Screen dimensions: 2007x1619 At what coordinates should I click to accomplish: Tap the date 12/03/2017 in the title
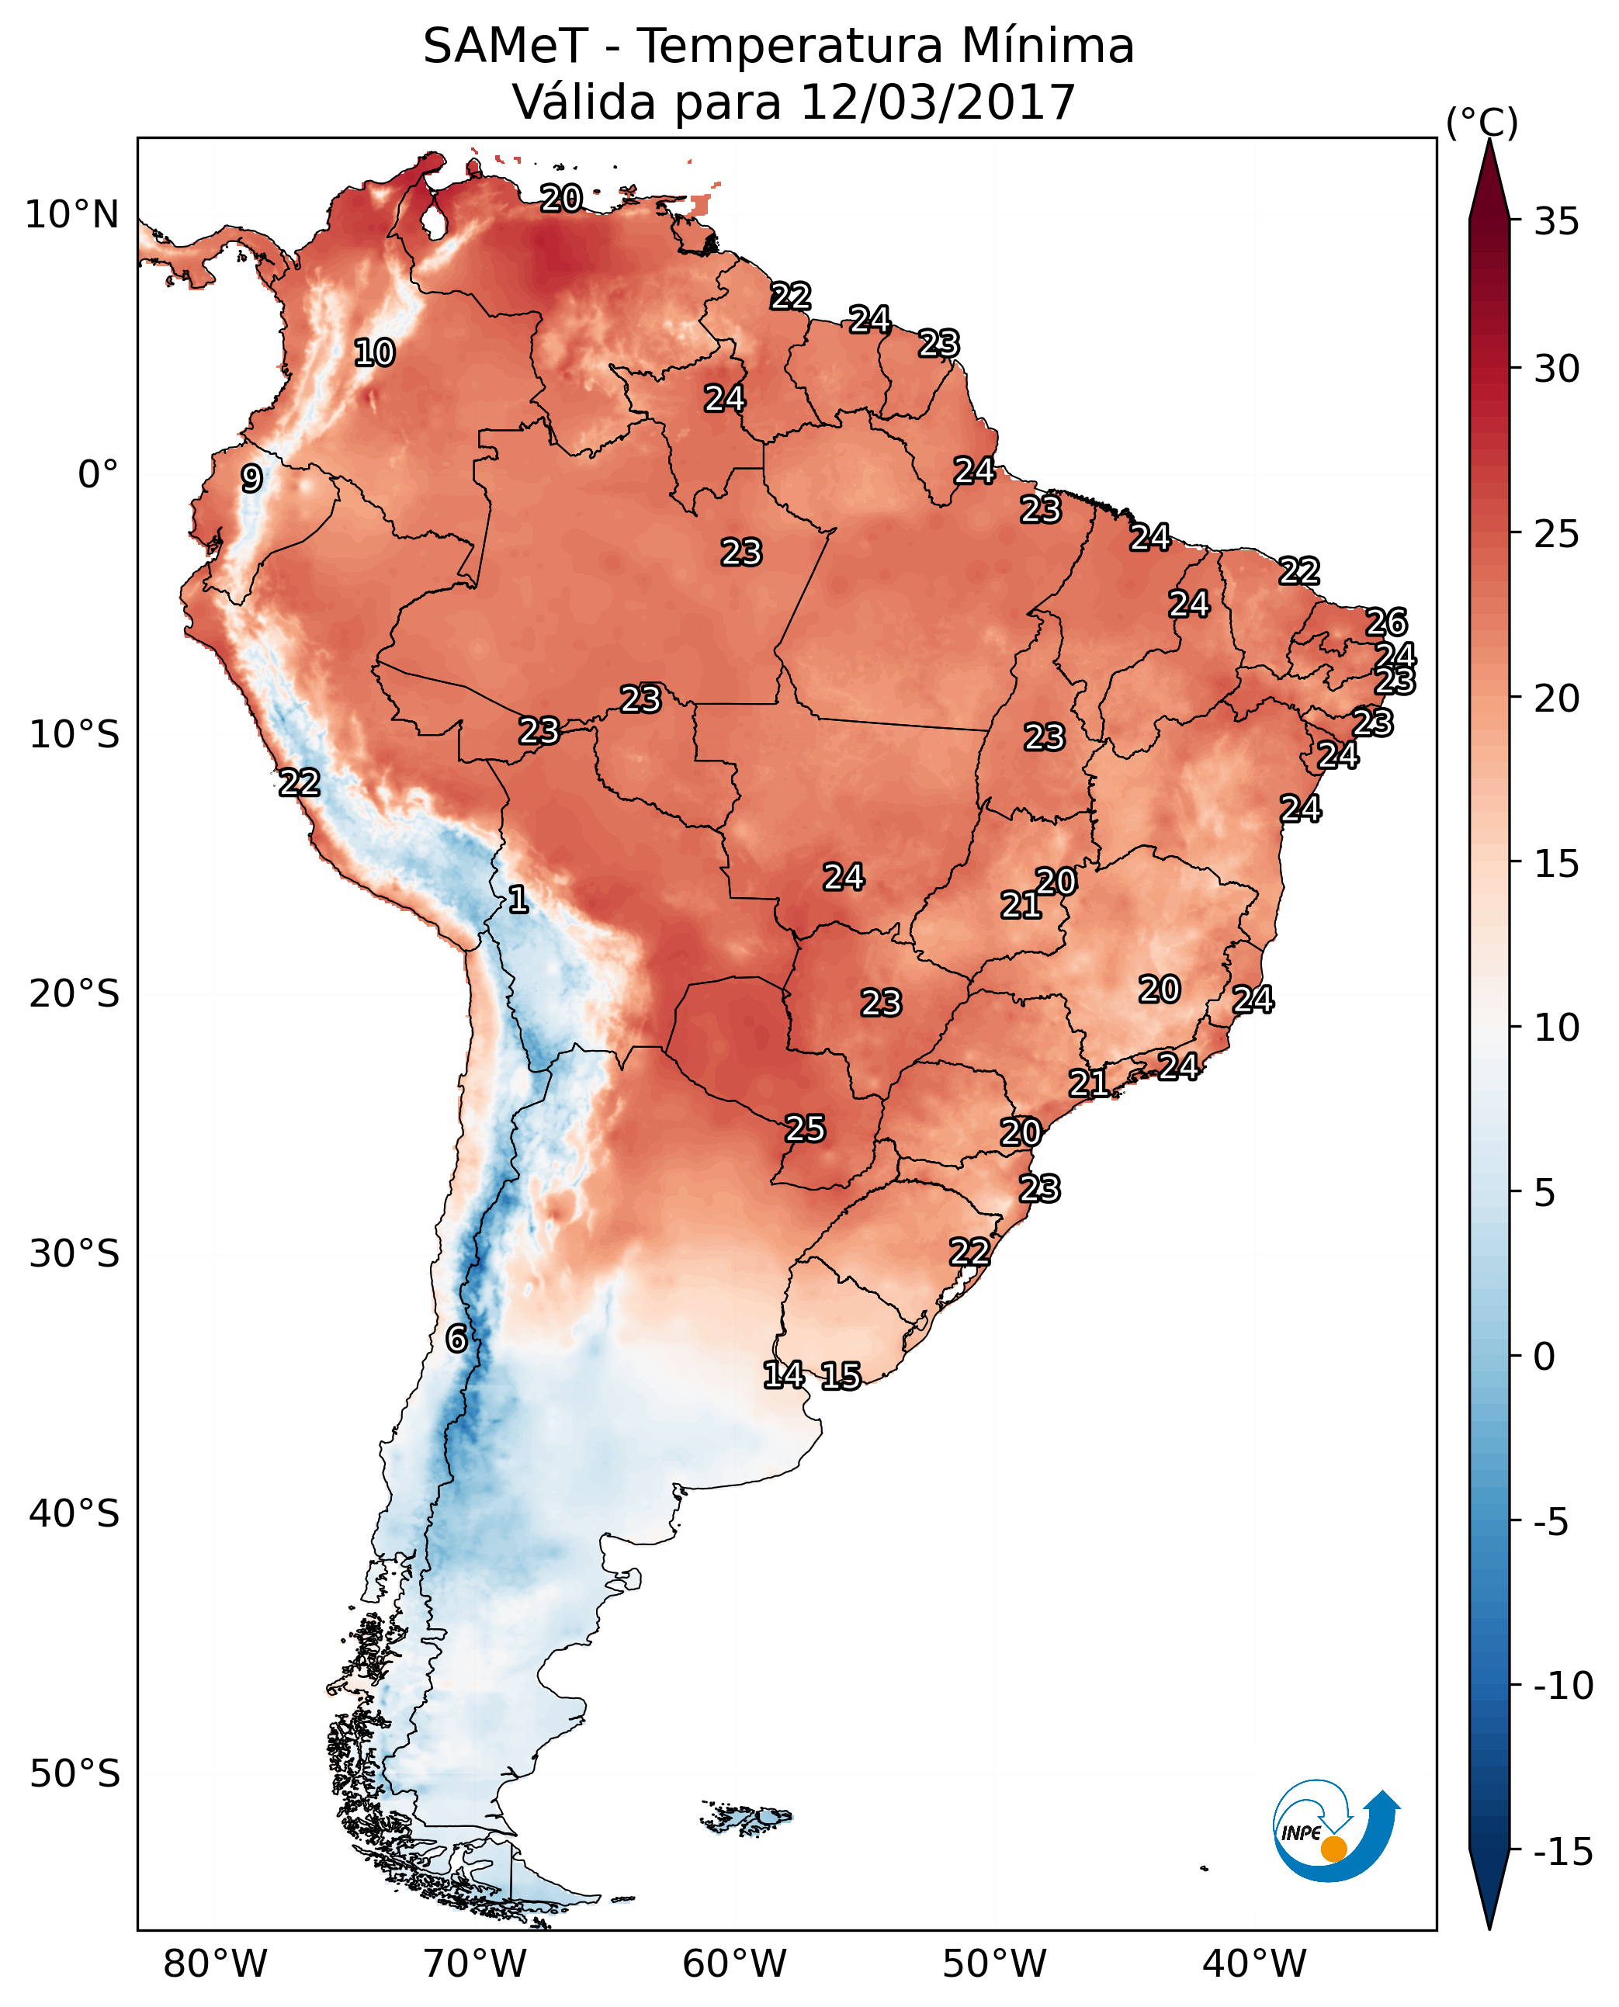click(938, 102)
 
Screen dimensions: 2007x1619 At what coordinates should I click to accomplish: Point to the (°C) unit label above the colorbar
click(1482, 122)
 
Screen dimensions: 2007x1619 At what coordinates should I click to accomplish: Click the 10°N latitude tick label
click(73, 216)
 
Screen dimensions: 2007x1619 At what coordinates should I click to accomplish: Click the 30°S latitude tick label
click(75, 1254)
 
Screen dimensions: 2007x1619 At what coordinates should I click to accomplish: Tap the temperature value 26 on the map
click(1386, 622)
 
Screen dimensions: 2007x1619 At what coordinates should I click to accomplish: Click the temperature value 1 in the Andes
click(518, 900)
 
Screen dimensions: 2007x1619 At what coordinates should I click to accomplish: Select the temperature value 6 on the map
click(456, 1340)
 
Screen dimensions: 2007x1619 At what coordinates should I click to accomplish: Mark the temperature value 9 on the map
click(251, 478)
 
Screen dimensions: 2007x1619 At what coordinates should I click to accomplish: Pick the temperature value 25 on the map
click(805, 1129)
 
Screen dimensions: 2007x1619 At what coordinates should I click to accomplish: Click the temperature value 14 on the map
click(783, 1374)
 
